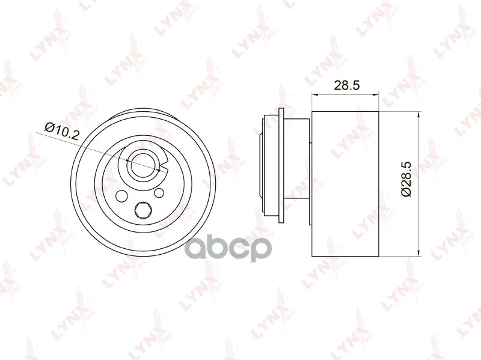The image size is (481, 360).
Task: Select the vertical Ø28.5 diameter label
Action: tap(406, 180)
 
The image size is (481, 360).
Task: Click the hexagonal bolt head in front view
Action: tap(142, 211)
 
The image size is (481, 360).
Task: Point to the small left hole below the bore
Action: tap(121, 196)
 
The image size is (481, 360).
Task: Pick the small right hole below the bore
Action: tap(159, 193)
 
